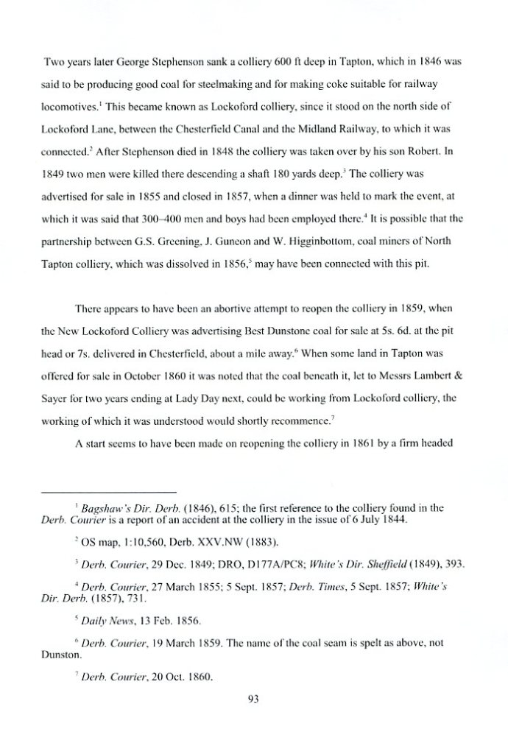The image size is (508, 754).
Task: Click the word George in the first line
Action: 116,64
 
